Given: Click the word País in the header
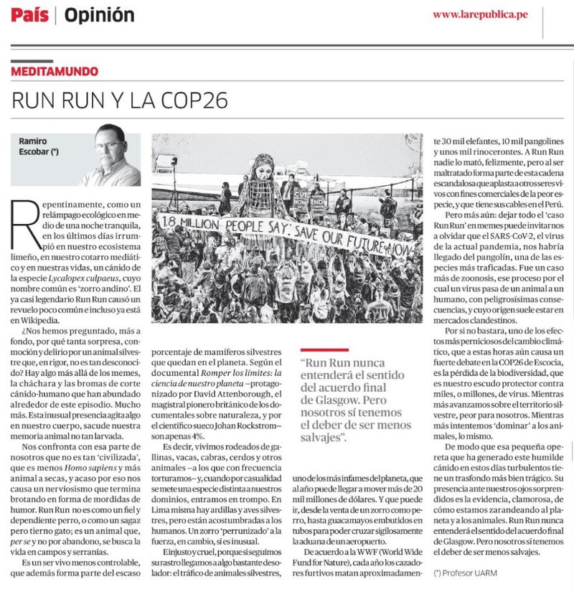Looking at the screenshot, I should click(x=29, y=14).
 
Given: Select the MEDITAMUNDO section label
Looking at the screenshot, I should click(x=55, y=72).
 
